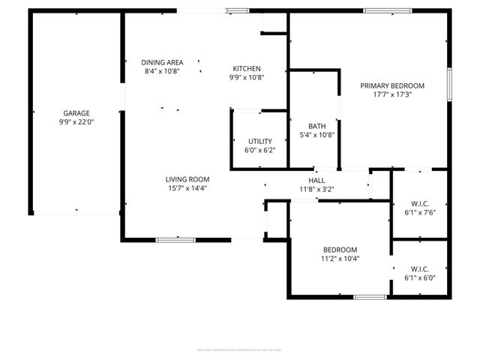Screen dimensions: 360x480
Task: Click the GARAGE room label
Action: (x=76, y=112)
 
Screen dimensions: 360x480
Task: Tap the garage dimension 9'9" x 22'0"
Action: (x=76, y=121)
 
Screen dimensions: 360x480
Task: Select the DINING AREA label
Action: (x=163, y=62)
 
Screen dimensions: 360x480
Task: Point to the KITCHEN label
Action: (x=247, y=68)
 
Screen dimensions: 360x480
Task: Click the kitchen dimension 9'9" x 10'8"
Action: (x=247, y=77)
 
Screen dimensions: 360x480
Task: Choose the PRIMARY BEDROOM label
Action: (x=392, y=85)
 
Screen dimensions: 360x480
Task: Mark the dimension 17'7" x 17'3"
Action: (x=392, y=94)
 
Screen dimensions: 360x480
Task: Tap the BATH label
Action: (x=316, y=126)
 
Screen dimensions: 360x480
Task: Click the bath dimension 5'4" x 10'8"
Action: (x=316, y=135)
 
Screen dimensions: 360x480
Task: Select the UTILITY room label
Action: (x=260, y=141)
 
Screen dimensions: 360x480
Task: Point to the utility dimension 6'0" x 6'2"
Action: (x=260, y=150)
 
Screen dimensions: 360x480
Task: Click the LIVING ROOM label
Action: (x=187, y=179)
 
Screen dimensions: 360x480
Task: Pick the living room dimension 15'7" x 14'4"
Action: (x=187, y=188)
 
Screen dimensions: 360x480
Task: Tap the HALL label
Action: (x=316, y=181)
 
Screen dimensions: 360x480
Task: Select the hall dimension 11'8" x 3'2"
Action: (x=316, y=190)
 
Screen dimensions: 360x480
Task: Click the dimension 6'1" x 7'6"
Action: (x=419, y=211)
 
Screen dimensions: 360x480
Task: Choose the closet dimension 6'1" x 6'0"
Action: (x=419, y=277)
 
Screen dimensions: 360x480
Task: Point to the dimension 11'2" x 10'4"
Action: (x=340, y=259)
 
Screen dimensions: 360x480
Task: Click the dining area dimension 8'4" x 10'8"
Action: (x=163, y=71)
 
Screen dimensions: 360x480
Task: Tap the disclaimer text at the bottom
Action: (x=240, y=349)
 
